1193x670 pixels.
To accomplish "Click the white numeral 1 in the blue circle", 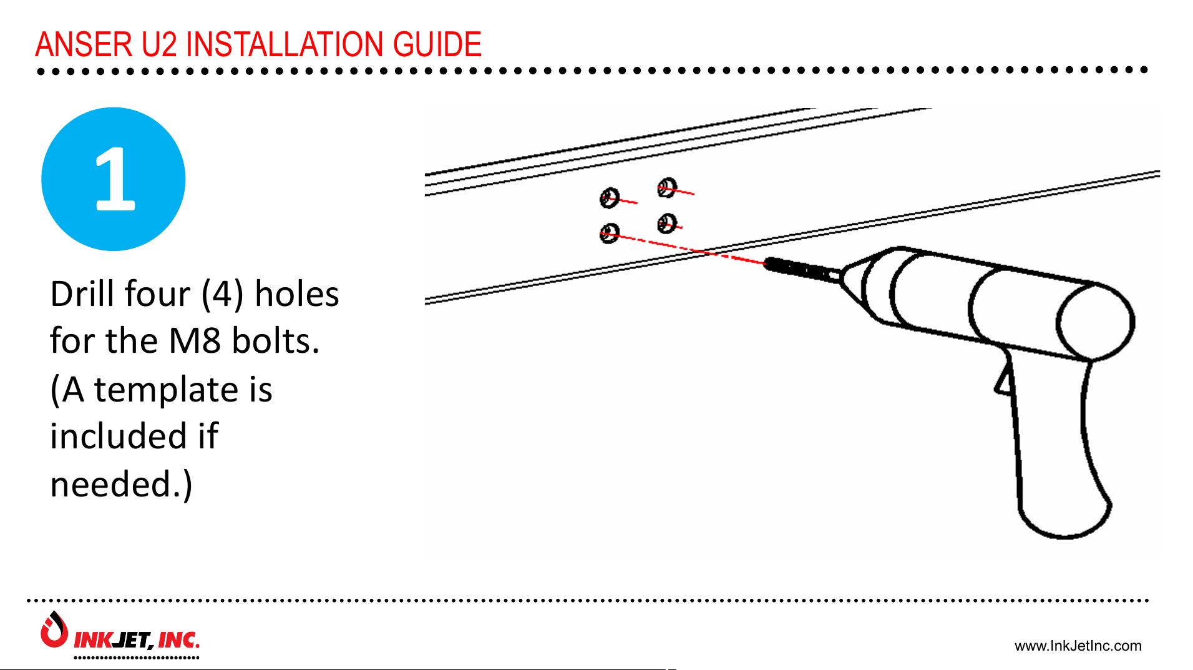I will pos(114,180).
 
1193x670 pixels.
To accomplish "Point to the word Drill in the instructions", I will pos(85,294).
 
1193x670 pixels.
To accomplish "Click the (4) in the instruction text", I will pos(222,294).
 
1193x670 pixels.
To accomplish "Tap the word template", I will pos(166,390).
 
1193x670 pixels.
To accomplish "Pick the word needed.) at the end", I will pos(121,485).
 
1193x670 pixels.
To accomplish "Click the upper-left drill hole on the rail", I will pos(609,198).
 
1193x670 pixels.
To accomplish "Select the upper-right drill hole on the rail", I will pos(666,187).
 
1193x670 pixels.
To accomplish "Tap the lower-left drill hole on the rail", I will pos(609,234).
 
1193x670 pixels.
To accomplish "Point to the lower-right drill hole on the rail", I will pos(666,223).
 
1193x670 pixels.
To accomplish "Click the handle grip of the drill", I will pos(1054,456).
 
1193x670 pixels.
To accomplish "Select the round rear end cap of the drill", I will pos(1095,322).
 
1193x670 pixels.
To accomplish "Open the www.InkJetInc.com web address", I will pos(1078,646).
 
